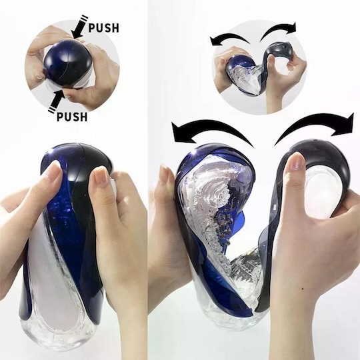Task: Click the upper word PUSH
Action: pos(104,27)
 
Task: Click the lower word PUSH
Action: pos(72,117)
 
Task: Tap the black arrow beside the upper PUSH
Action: pos(79,27)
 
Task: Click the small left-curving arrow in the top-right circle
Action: pos(229,37)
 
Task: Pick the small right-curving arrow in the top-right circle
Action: pos(279,29)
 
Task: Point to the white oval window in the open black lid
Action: pos(321,189)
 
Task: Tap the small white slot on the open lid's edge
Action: pos(274,207)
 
